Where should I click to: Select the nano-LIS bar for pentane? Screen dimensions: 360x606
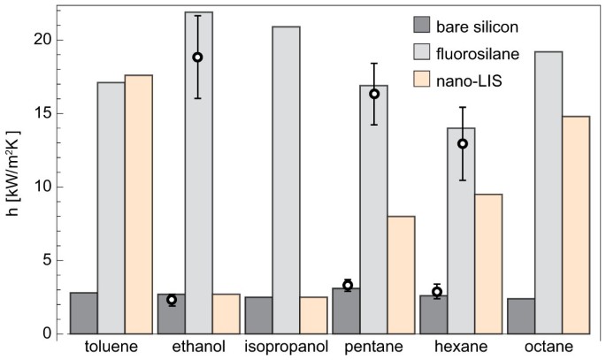click(x=401, y=274)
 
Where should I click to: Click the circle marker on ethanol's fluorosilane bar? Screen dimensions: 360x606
click(x=198, y=57)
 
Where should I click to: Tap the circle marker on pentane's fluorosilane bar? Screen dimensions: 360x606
click(x=374, y=94)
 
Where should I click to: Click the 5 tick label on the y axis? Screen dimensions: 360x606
click(x=45, y=261)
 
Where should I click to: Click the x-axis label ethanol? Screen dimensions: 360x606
click(x=198, y=345)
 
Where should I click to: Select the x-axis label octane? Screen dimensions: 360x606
click(x=548, y=345)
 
